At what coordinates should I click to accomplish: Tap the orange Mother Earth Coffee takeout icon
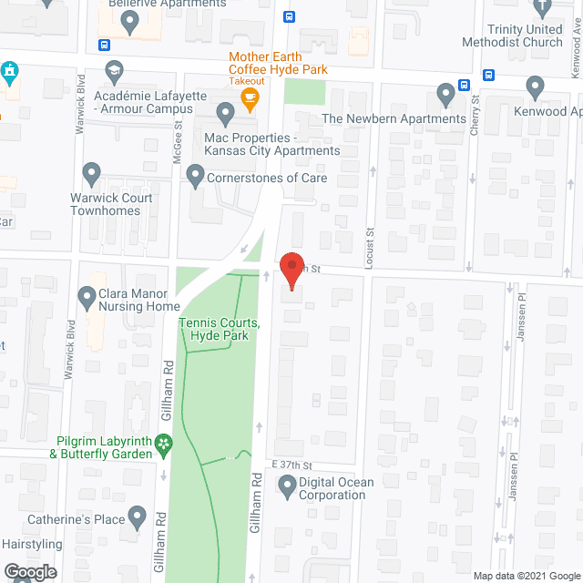pyautogui.click(x=251, y=96)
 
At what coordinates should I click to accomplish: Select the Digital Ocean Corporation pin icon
pyautogui.click(x=288, y=488)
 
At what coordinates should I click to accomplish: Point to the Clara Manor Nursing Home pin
pyautogui.click(x=87, y=296)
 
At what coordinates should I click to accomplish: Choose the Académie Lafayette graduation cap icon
pyautogui.click(x=114, y=70)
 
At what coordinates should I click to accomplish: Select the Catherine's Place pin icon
pyautogui.click(x=138, y=519)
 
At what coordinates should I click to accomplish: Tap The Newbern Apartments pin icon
pyautogui.click(x=445, y=93)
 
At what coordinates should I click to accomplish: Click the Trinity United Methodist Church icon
pyautogui.click(x=545, y=8)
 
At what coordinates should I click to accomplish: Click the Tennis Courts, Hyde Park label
pyautogui.click(x=220, y=330)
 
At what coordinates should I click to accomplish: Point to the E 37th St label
pyautogui.click(x=291, y=465)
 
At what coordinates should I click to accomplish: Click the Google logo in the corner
pyautogui.click(x=30, y=571)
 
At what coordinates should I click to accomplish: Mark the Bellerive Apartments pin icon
pyautogui.click(x=128, y=23)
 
